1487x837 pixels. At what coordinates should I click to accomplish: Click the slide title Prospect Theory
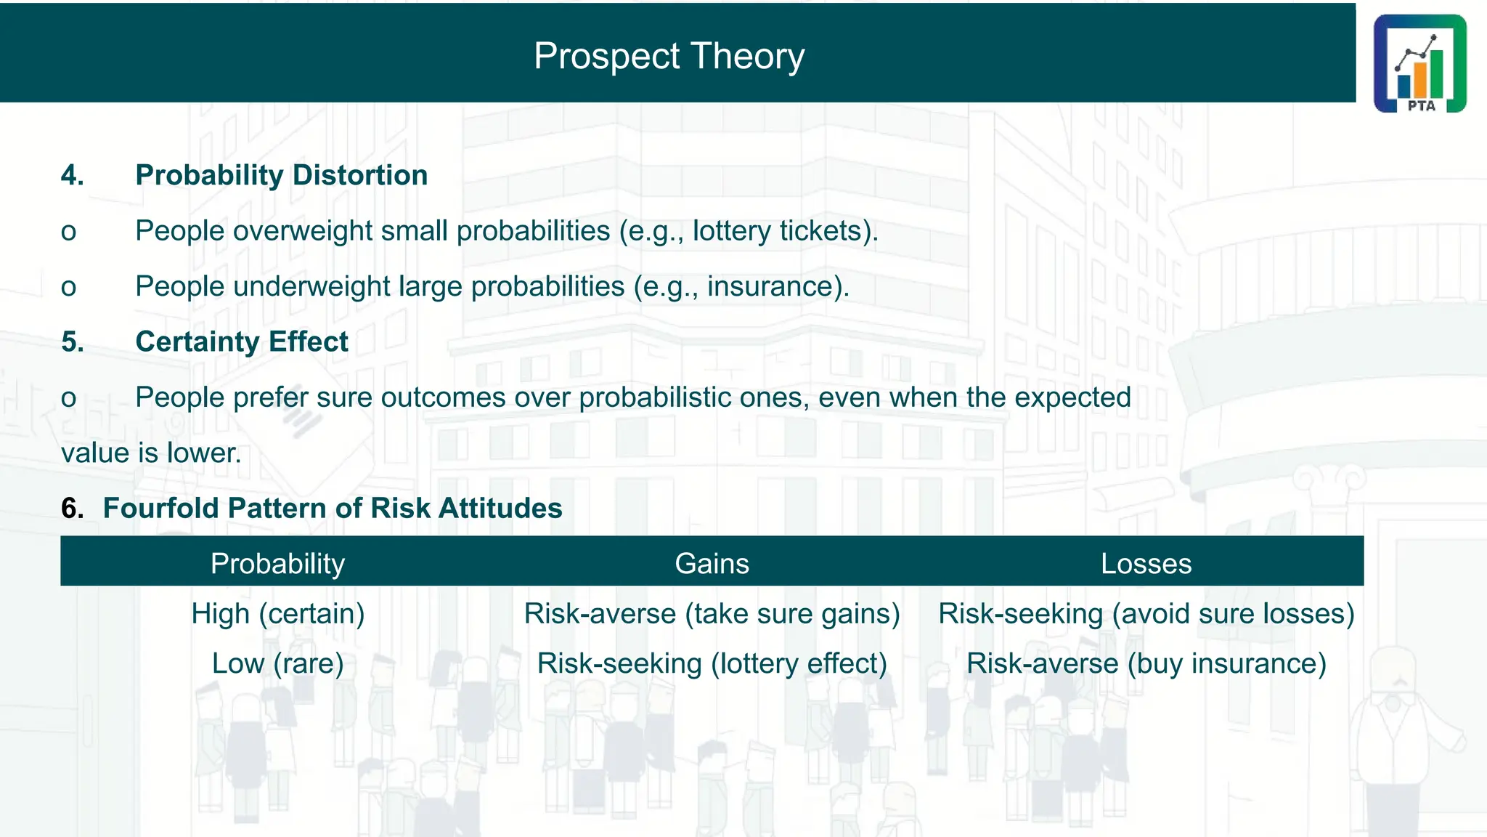tap(669, 56)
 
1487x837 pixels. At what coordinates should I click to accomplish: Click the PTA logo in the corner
tap(1419, 63)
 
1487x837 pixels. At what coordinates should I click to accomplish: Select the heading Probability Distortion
tap(281, 175)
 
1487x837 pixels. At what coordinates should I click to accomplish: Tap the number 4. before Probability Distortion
tap(73, 175)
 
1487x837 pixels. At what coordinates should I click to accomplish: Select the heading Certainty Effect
tap(241, 341)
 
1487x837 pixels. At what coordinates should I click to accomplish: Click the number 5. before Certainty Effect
tap(73, 341)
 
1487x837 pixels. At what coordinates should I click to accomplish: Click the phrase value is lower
tap(151, 453)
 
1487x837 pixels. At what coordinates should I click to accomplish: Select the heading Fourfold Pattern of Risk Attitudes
tap(332, 508)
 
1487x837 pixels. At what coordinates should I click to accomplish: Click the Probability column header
tap(277, 564)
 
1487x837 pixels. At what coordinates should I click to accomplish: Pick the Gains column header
tap(712, 564)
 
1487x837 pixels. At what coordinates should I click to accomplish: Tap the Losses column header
tap(1146, 564)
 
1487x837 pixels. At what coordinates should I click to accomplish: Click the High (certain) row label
tap(277, 614)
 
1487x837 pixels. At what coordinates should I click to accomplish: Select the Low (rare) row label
tap(277, 663)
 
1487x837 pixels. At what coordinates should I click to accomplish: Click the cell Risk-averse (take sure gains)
tap(712, 614)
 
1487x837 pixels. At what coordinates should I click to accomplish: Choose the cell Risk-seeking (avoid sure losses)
tap(1146, 614)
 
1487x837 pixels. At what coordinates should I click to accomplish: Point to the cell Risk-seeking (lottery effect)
tap(712, 663)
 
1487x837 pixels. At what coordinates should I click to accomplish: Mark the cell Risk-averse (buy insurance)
tap(1146, 663)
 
